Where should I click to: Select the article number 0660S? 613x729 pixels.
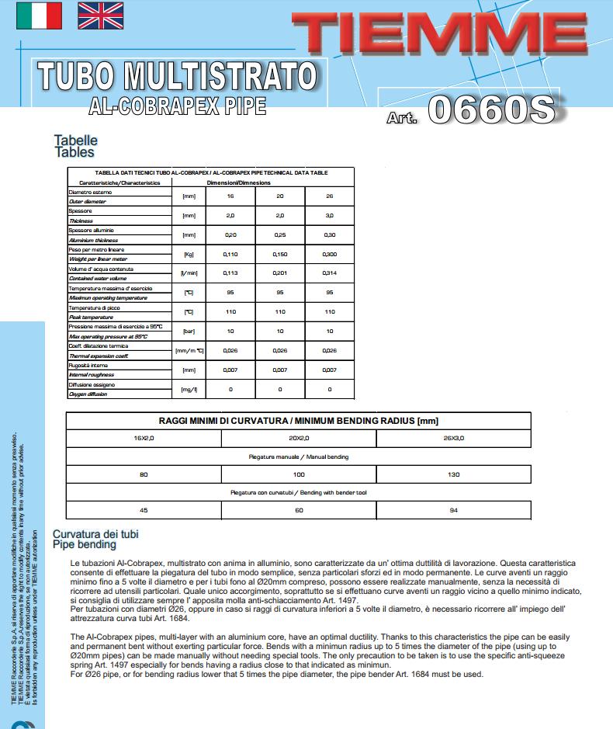pyautogui.click(x=490, y=110)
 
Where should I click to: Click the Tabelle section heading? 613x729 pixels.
pyautogui.click(x=75, y=141)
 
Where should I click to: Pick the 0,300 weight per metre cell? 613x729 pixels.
pyautogui.click(x=329, y=255)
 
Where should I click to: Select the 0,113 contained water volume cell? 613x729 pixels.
pyautogui.click(x=230, y=273)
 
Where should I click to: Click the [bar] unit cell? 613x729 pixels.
pyautogui.click(x=188, y=332)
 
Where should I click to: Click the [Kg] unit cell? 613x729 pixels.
pyautogui.click(x=188, y=255)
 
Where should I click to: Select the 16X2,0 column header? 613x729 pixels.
pyautogui.click(x=144, y=439)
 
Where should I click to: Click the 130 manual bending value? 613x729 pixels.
pyautogui.click(x=453, y=474)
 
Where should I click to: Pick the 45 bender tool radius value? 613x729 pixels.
pyautogui.click(x=144, y=510)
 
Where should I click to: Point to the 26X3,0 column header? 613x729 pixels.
pyautogui.click(x=453, y=439)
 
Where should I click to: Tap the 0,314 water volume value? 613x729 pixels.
pyautogui.click(x=329, y=273)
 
